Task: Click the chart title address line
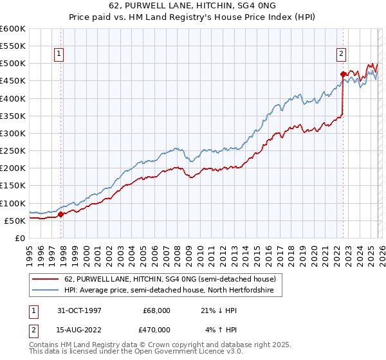[193, 5]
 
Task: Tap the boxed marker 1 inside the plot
[59, 55]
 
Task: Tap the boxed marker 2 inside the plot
[341, 55]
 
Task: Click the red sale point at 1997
[61, 215]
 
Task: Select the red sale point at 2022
[343, 74]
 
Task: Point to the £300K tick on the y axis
[13, 133]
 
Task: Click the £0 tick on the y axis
[19, 238]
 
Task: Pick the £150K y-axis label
[13, 186]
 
